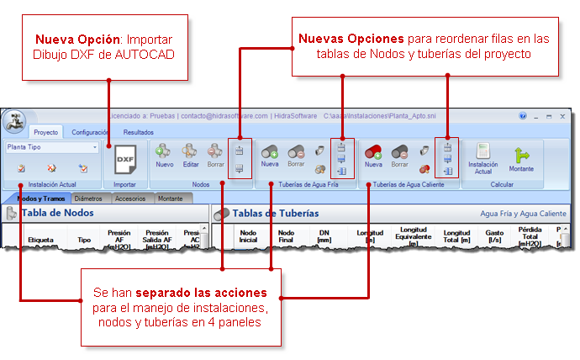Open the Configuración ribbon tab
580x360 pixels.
click(x=90, y=132)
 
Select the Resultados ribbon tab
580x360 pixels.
click(x=138, y=132)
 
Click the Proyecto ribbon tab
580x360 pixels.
click(x=45, y=132)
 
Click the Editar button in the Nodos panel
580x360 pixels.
click(x=191, y=155)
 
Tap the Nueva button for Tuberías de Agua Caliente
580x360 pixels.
click(x=373, y=155)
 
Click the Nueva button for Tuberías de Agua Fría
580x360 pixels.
click(x=269, y=155)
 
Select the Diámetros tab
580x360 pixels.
click(x=90, y=199)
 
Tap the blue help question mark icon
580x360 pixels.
click(x=523, y=116)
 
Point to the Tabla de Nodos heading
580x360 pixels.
click(x=57, y=214)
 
